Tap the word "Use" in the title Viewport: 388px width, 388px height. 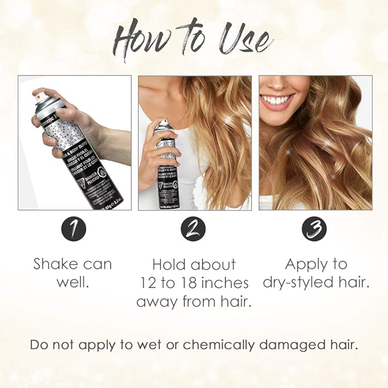coord(242,40)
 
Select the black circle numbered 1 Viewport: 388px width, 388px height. coord(74,230)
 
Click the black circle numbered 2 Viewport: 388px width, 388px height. coord(193,230)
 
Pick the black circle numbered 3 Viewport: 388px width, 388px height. coord(314,230)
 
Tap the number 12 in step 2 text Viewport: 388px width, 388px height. coord(149,283)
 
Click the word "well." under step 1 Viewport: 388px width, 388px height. coord(72,283)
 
